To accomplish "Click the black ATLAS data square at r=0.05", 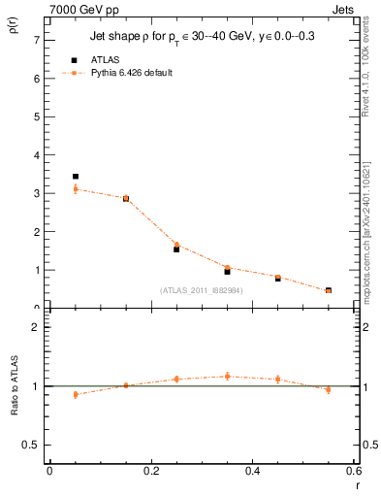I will pos(75,177).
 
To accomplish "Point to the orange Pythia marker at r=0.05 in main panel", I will pos(75,189).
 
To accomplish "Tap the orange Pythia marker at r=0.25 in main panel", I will pos(176,245).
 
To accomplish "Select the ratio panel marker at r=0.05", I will pos(75,394).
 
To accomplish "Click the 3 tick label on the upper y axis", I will pos(37,193).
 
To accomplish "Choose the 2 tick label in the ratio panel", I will pos(37,328).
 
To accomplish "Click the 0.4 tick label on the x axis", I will pos(252,472).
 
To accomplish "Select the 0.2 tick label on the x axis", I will pos(150,472).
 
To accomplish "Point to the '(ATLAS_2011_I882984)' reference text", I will pos(201,290).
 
